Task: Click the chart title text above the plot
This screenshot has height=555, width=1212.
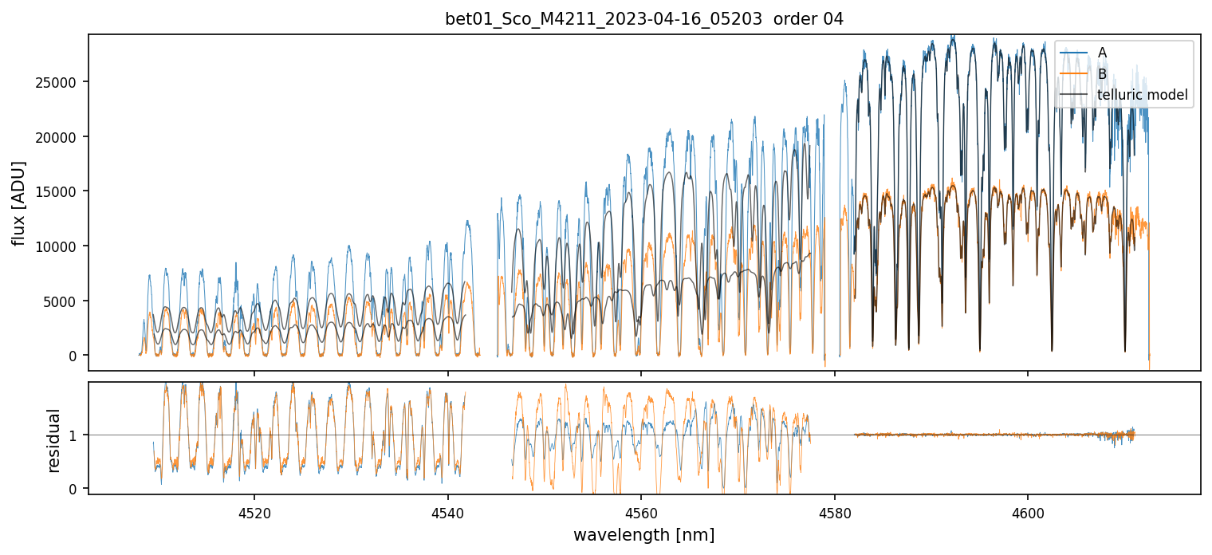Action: (x=643, y=19)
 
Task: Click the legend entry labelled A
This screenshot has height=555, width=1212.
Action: (x=1102, y=53)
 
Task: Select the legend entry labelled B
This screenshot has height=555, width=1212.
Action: (x=1102, y=74)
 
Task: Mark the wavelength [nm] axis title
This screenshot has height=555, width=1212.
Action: (x=643, y=534)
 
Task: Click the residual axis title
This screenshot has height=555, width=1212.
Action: (x=54, y=440)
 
